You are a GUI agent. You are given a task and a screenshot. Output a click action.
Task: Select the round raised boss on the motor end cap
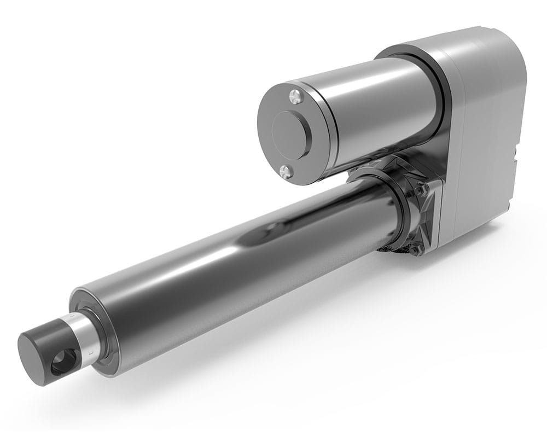(x=290, y=133)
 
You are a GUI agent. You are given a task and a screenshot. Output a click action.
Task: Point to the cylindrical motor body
(x=377, y=109)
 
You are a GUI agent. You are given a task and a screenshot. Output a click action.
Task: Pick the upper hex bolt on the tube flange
(x=423, y=189)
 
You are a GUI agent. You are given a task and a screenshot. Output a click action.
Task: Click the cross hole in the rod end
(x=64, y=362)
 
